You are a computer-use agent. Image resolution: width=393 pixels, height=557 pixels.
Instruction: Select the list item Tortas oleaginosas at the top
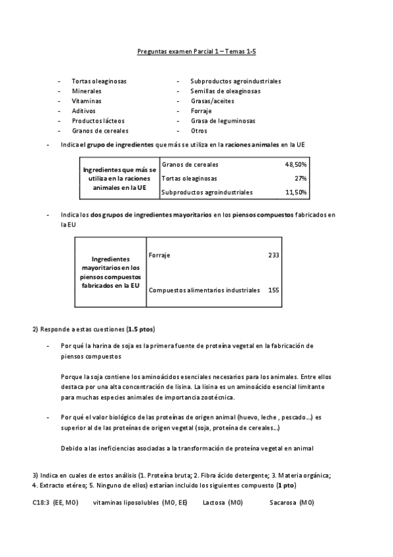(99, 81)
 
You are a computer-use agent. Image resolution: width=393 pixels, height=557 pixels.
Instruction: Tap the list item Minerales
(87, 91)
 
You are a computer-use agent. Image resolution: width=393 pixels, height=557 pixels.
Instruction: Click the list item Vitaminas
(87, 101)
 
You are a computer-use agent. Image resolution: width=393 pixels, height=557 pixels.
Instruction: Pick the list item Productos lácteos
(98, 121)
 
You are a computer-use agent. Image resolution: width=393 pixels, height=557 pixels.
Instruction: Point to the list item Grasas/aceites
(212, 101)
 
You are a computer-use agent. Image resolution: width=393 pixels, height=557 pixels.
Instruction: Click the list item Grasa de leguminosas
(222, 121)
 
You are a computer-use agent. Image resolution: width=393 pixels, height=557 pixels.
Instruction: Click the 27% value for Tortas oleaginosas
(301, 178)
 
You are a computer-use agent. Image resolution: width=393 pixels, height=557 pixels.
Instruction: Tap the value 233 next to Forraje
(274, 255)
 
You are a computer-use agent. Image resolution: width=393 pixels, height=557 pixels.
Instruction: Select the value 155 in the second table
(274, 290)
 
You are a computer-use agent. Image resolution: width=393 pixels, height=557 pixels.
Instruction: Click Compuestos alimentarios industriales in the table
(205, 290)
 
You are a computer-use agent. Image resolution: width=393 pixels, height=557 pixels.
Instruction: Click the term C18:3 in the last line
(42, 502)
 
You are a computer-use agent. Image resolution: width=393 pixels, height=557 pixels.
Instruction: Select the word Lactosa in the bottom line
(214, 502)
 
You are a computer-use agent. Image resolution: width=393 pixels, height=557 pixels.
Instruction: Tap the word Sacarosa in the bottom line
(283, 502)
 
